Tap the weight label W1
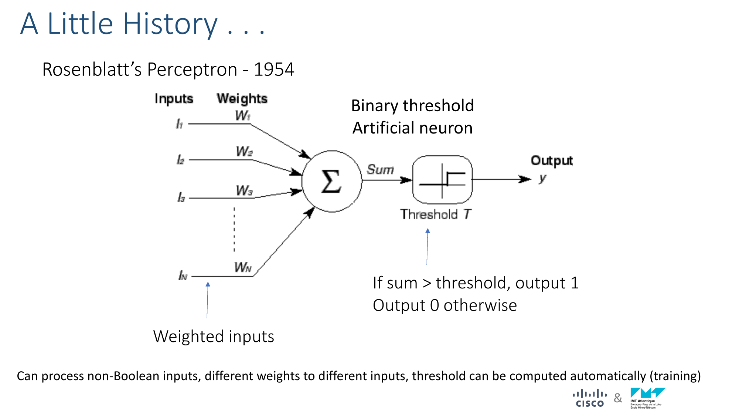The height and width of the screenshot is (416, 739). [x=243, y=116]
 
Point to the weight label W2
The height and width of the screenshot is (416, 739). [x=244, y=152]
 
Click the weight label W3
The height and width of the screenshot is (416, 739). [x=244, y=191]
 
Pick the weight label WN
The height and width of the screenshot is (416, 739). [x=243, y=267]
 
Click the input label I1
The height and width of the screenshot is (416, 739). [x=179, y=124]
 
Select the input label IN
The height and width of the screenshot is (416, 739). [x=183, y=275]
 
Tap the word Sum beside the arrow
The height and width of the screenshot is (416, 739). [x=380, y=170]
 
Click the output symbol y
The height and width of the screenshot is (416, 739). [x=542, y=179]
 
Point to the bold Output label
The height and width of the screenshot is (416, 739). [x=552, y=161]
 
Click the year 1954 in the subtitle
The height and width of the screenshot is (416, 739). [x=274, y=70]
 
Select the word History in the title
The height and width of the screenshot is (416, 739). [x=170, y=24]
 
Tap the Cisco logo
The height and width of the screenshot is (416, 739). [x=590, y=398]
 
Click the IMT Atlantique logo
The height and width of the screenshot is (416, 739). [x=648, y=398]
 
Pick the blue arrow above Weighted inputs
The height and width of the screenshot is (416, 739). [x=207, y=300]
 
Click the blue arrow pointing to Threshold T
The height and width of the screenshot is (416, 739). [x=427, y=246]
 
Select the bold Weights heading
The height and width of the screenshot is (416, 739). [x=242, y=99]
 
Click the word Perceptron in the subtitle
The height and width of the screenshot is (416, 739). [x=192, y=70]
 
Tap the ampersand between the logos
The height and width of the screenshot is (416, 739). [x=618, y=398]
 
